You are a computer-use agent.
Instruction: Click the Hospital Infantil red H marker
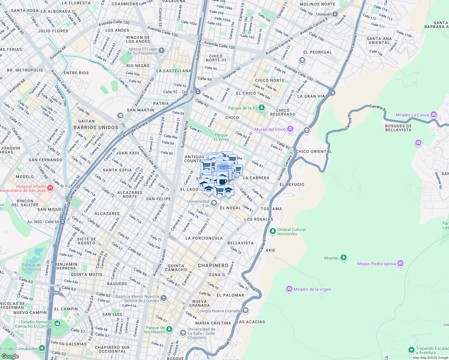50,188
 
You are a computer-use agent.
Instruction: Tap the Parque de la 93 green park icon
262,108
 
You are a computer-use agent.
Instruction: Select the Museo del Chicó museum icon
290,129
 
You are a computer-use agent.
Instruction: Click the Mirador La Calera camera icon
433,115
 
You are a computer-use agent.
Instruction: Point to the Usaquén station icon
335,14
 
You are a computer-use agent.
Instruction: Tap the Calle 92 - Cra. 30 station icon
198,92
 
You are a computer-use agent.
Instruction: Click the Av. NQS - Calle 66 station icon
62,222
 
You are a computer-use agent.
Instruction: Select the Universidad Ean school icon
214,203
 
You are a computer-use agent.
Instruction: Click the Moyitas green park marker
344,258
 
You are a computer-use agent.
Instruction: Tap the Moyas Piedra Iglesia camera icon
400,263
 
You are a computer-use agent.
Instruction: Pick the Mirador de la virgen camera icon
289,289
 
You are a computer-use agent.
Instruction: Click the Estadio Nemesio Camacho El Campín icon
57,324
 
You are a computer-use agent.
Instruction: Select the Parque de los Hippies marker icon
169,329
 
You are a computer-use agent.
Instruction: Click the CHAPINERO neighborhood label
213,265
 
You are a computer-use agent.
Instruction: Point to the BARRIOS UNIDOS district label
96,127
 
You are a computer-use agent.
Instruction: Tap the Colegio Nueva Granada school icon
245,310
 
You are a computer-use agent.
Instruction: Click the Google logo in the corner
10,356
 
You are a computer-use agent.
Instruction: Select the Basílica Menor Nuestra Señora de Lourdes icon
163,298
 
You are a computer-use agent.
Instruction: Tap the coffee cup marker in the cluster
222,181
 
